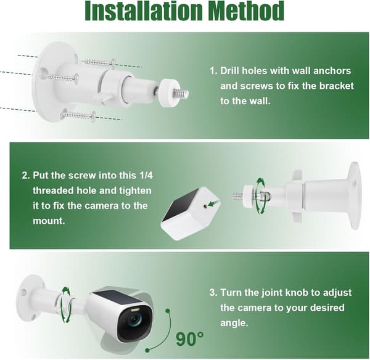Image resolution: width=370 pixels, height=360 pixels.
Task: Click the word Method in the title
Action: pyautogui.click(x=247, y=11)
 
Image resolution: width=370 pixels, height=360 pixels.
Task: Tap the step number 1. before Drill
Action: pyautogui.click(x=213, y=71)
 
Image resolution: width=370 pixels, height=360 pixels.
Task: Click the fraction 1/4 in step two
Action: pyautogui.click(x=146, y=175)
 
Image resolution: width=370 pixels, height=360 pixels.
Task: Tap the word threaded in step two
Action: pyautogui.click(x=53, y=190)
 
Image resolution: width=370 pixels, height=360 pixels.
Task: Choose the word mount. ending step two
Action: pyautogui.click(x=49, y=221)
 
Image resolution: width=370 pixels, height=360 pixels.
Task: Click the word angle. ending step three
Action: pyautogui.click(x=234, y=323)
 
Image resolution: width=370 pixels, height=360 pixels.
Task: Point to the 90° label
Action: pyautogui.click(x=189, y=339)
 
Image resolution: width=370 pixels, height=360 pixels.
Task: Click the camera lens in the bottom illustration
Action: pyautogui.click(x=134, y=320)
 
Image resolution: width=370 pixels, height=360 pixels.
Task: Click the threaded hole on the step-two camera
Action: pyautogui.click(x=206, y=206)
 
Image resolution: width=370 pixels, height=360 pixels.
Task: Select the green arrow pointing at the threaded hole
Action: pyautogui.click(x=214, y=203)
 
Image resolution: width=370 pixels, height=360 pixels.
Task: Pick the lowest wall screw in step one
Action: pyautogui.click(x=78, y=116)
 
